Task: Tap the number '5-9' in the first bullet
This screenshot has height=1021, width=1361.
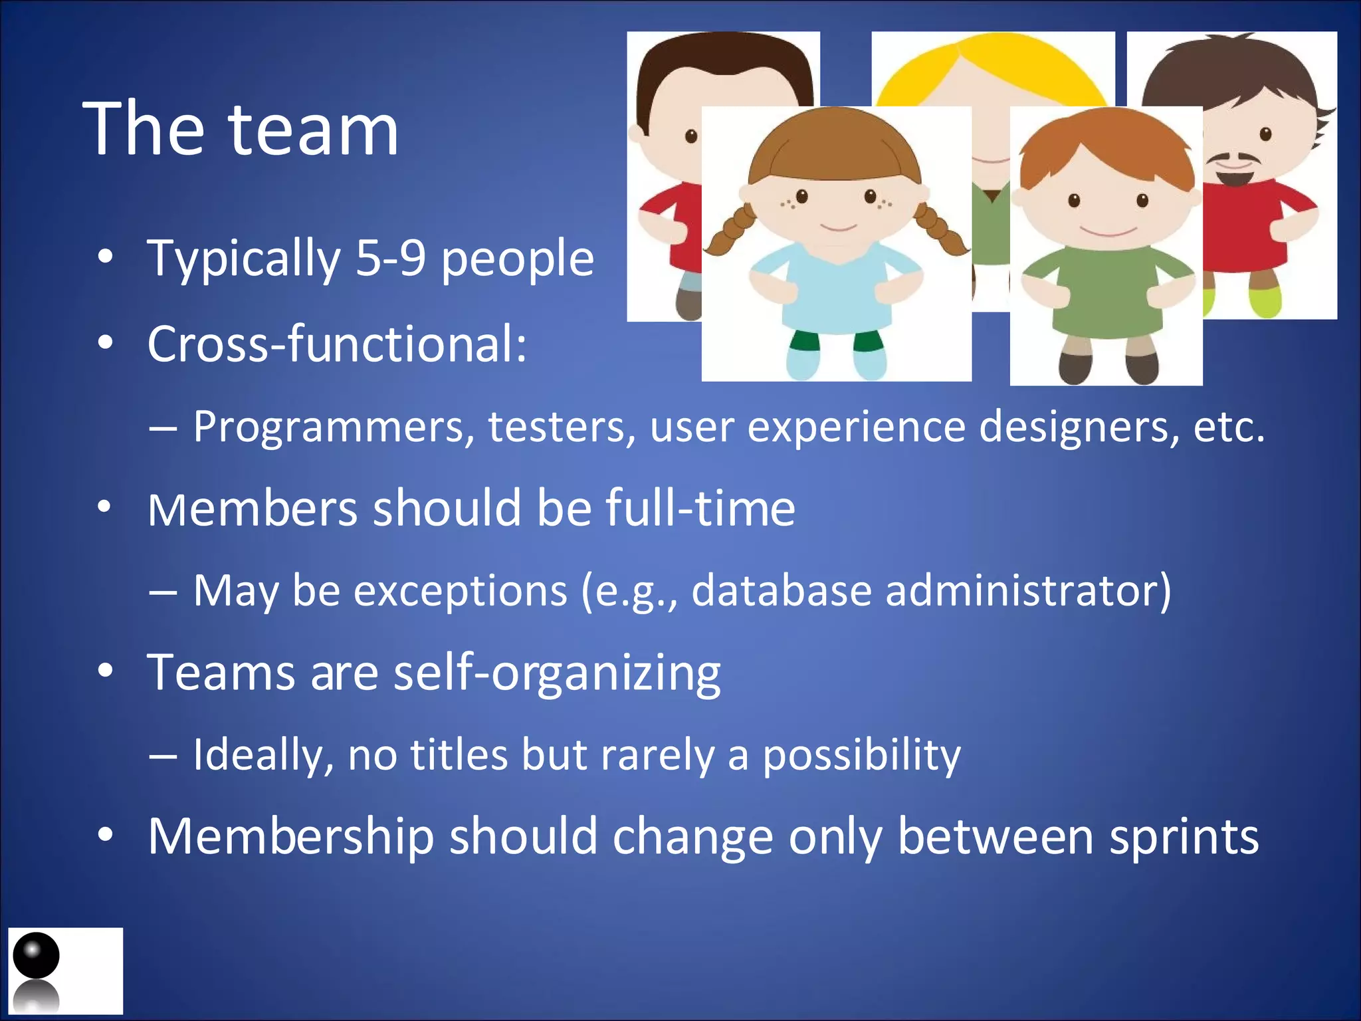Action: [390, 259]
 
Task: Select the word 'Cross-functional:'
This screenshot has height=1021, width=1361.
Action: [337, 344]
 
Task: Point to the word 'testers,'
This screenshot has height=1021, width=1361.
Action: [562, 427]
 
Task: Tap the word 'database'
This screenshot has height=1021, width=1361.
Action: [782, 590]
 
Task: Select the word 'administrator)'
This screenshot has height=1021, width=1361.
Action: [1029, 590]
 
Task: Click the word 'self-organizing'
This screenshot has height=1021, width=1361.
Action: [557, 673]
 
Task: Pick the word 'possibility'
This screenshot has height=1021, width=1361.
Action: [861, 756]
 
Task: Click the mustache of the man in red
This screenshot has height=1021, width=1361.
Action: [1235, 160]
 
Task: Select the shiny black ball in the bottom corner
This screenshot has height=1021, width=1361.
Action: [37, 955]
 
